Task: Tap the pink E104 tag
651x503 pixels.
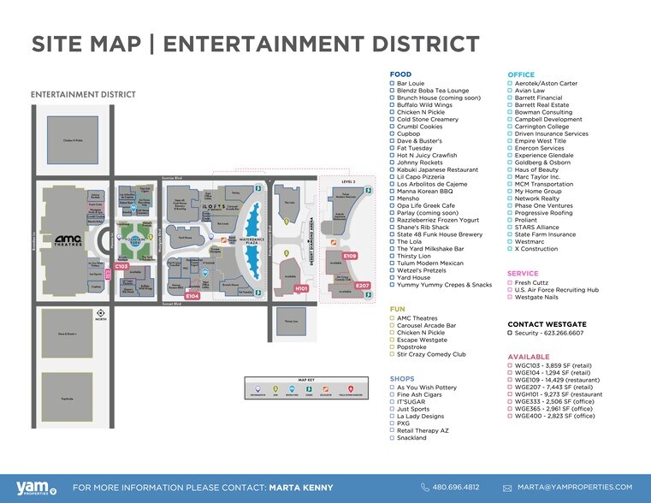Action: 192,296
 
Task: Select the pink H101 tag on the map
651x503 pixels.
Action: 300,288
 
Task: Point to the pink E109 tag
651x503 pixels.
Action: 349,256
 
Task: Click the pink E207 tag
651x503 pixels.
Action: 363,285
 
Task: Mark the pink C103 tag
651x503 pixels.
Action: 121,266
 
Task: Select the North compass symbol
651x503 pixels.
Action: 101,313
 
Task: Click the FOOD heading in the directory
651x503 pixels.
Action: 400,74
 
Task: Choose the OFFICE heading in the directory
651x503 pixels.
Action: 521,74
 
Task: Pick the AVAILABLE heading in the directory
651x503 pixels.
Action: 529,356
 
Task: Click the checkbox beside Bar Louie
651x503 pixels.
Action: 393,84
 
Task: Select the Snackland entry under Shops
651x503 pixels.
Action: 411,437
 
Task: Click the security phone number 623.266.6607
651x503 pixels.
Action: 552,333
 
